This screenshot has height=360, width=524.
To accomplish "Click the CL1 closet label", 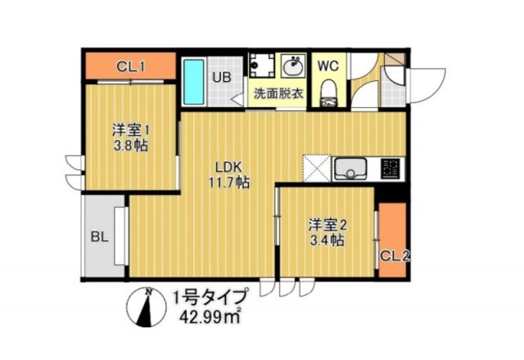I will [x=131, y=66].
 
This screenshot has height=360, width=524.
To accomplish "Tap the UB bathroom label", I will [x=222, y=78].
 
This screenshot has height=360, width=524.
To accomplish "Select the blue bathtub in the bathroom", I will [x=193, y=82].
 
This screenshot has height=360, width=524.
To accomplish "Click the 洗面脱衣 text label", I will [x=278, y=93].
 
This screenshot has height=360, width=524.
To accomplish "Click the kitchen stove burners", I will [x=391, y=169].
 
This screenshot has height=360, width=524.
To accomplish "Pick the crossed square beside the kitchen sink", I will [x=316, y=169].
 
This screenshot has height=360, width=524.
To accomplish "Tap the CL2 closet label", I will [x=394, y=255].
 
